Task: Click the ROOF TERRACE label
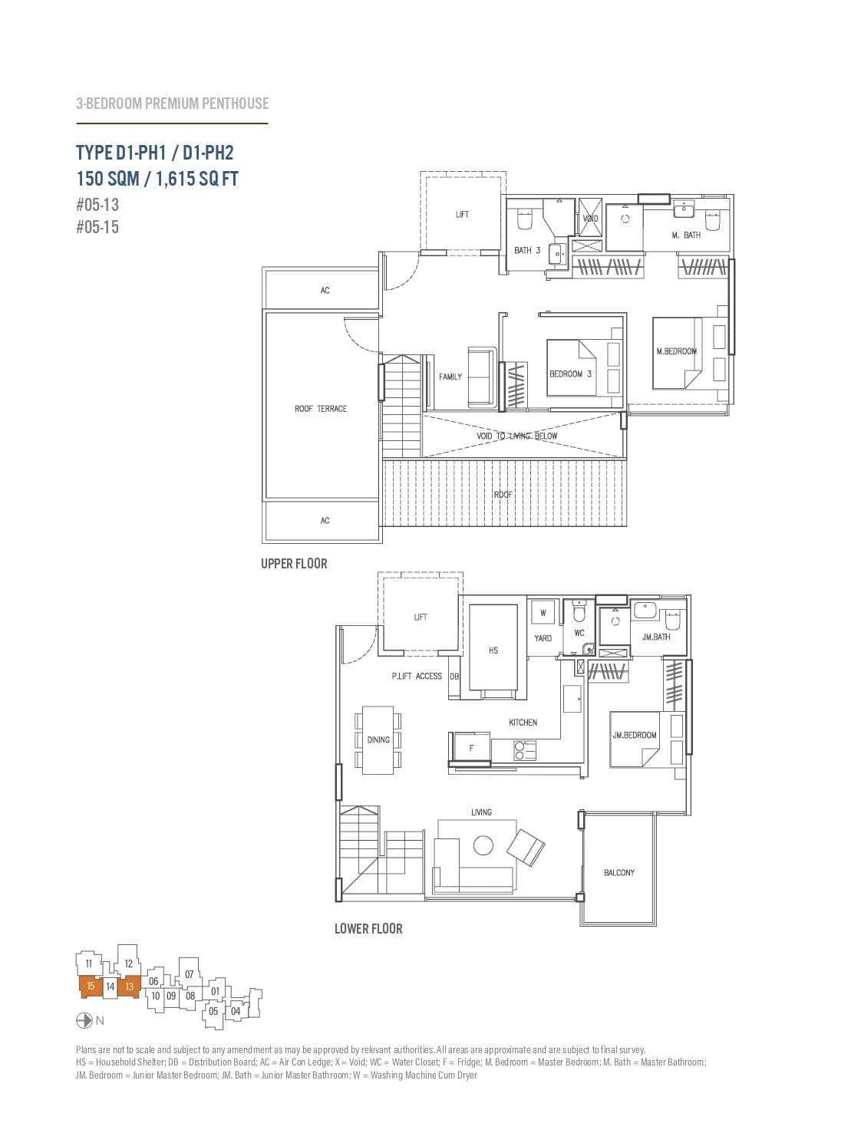321,409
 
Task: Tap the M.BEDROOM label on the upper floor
676,351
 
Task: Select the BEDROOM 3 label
570,374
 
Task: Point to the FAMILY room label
450,377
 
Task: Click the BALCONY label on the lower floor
619,873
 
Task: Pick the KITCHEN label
523,723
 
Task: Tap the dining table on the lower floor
378,740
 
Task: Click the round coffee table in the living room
483,845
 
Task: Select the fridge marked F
471,749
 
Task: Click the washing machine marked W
543,613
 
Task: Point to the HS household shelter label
493,650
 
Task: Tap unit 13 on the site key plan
129,987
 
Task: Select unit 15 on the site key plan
91,986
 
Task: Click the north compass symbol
84,1020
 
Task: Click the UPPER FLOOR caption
294,564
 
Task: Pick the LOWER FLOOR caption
368,929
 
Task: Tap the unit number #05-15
97,227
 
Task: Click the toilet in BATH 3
525,220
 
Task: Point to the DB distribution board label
454,677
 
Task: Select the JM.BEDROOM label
635,736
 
